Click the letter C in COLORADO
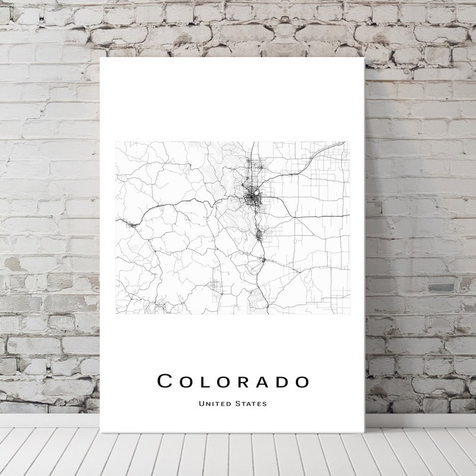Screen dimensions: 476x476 tap(165, 381)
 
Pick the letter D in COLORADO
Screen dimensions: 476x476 tap(281, 381)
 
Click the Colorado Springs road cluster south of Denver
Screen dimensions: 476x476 tap(259, 235)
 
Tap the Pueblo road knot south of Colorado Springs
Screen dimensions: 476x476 tap(264, 259)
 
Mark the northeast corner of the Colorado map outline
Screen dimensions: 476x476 tap(347, 142)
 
